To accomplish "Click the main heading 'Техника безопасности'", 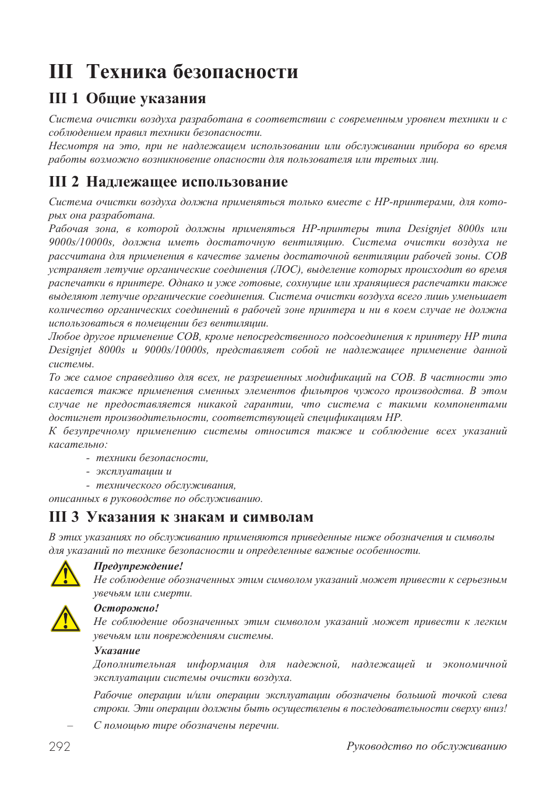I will pos(192,72).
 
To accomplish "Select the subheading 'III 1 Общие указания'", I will pos(128,99).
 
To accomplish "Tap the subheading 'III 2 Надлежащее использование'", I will pos(168,182).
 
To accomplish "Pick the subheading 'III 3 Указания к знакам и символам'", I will pos(181,517).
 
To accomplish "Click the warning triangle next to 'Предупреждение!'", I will pos(65,575).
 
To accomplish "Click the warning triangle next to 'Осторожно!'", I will pos(65,619).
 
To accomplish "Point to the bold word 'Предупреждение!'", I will pos(138,566).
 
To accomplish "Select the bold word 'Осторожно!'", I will pos(126,608).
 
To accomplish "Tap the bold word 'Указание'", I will pos(117,651).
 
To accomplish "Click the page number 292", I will pos(59,747).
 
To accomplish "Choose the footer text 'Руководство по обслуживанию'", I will pos(426,746).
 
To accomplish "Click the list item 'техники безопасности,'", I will pos(152,458).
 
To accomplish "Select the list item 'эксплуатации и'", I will pos(133,472).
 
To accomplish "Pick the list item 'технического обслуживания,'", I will pos(166,485).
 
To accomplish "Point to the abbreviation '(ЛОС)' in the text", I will pos(286,270).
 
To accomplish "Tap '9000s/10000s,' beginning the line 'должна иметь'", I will pos(81,243).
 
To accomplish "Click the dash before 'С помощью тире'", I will pos(70,726).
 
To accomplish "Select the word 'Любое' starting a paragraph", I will pos(64,337).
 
